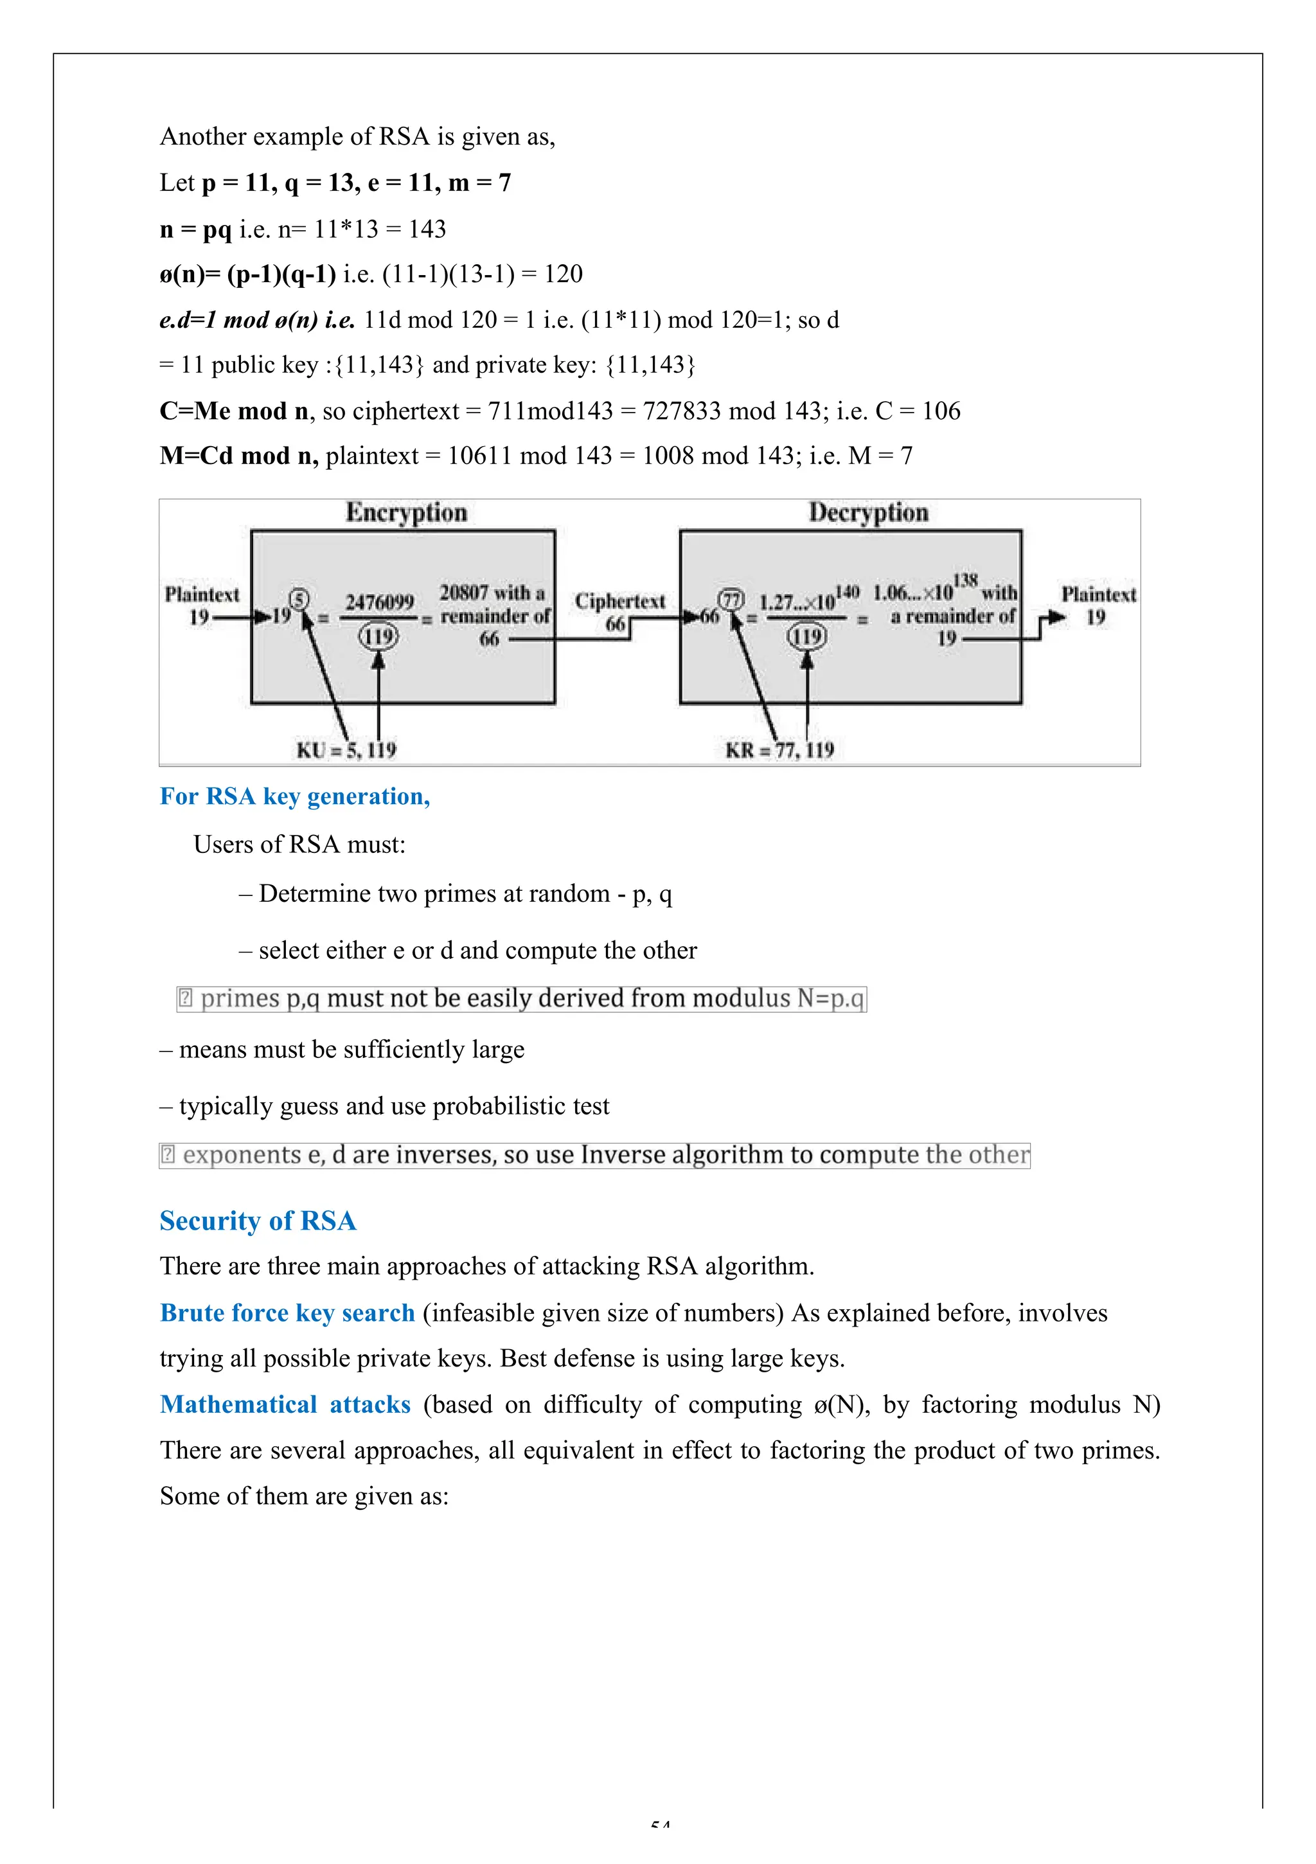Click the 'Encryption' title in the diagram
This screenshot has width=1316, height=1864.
click(406, 512)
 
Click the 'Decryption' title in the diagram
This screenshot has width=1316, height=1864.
click(868, 512)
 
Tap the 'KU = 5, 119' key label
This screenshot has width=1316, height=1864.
click(346, 749)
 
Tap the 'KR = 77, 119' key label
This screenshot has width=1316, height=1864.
click(779, 749)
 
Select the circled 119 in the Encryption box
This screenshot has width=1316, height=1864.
click(378, 636)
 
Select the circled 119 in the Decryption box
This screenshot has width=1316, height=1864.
click(806, 636)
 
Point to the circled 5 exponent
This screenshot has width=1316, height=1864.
click(299, 599)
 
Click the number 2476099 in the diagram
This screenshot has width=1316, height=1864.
click(379, 602)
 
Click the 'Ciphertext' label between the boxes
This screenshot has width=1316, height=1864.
click(619, 602)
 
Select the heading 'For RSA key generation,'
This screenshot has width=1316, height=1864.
click(295, 796)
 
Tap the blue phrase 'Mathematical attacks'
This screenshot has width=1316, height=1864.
click(285, 1404)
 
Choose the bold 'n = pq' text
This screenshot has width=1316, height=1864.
click(195, 229)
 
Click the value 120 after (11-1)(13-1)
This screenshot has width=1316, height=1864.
click(564, 274)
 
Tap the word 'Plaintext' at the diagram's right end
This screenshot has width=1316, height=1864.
click(1098, 595)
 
